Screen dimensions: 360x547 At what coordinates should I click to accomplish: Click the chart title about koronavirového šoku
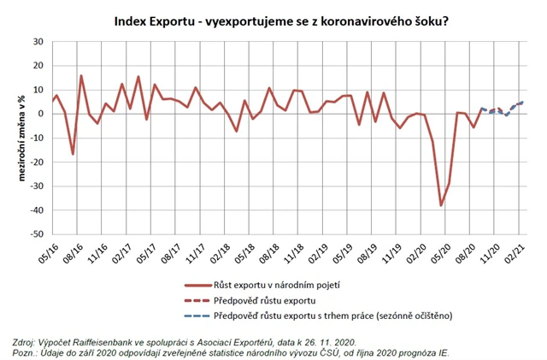[282, 19]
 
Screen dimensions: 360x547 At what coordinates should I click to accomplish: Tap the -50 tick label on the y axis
[36, 234]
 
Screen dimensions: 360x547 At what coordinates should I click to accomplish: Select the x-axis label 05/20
[443, 253]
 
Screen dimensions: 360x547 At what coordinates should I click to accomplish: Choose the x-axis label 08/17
[168, 253]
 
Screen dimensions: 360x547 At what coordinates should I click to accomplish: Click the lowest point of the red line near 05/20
[441, 205]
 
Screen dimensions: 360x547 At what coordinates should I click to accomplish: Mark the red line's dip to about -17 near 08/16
[73, 154]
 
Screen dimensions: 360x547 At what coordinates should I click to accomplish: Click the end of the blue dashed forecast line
[522, 103]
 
